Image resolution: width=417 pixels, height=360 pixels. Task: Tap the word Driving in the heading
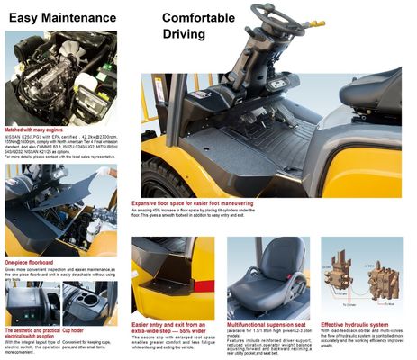184,34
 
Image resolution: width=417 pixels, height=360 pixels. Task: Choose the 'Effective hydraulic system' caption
355,324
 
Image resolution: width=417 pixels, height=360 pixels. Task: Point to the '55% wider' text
191,331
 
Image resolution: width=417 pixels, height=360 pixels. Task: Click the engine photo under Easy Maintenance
59,81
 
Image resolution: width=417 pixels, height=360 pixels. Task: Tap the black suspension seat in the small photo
267,279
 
